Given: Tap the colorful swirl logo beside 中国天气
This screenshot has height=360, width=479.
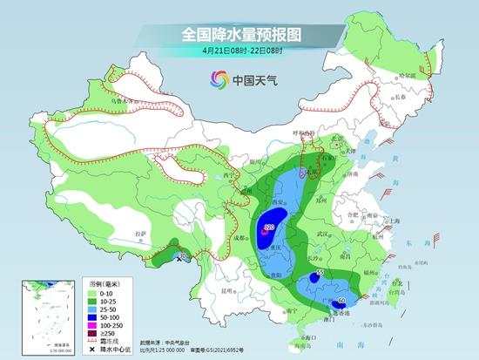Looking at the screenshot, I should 214,80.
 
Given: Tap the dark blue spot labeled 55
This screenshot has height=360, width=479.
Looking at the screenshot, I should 314,278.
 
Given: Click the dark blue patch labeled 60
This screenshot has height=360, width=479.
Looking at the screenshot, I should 338,302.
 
